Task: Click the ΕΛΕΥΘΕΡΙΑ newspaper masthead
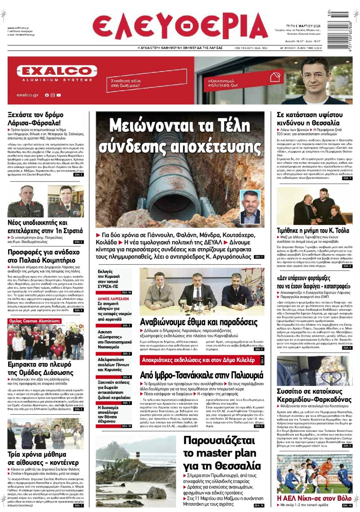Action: (x=180, y=26)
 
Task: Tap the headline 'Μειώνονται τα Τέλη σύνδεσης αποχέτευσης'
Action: (x=180, y=135)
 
